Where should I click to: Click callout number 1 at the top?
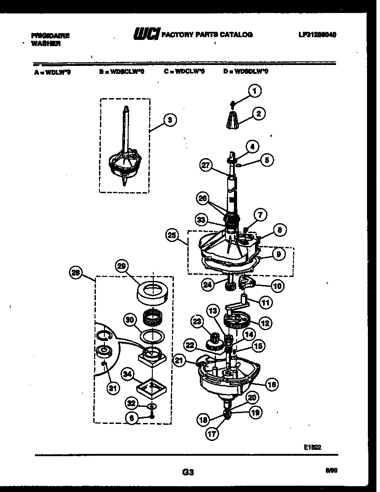[x=254, y=91]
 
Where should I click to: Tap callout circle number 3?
[x=169, y=120]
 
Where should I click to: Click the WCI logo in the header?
[x=146, y=34]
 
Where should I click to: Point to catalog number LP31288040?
[x=317, y=35]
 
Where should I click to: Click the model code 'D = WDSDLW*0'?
[x=246, y=71]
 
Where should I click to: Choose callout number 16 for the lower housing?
[x=272, y=384]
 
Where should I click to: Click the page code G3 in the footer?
[x=188, y=472]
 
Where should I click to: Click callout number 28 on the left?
[x=76, y=272]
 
